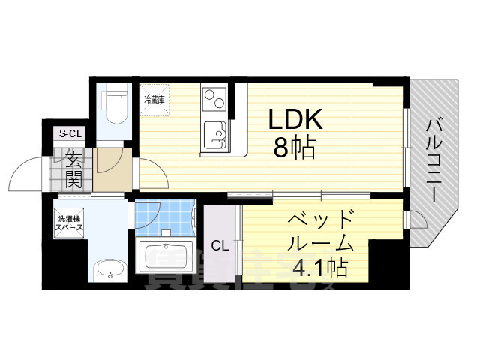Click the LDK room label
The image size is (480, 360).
click(x=296, y=120)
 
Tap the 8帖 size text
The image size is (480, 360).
click(x=294, y=147)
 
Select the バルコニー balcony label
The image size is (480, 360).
click(x=434, y=158)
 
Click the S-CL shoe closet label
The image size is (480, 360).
click(x=70, y=134)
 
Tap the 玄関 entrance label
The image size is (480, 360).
click(x=73, y=168)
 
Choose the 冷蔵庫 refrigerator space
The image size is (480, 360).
click(x=155, y=100)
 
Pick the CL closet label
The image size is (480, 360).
click(x=219, y=245)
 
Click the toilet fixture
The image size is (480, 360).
click(x=115, y=106)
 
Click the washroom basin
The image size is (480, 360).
click(x=109, y=268)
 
